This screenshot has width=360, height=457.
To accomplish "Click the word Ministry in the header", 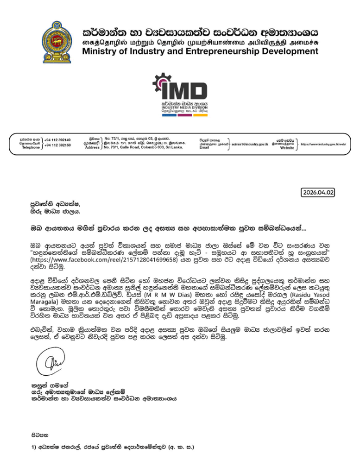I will point(100,51).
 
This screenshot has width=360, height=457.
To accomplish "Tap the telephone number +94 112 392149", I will point(57,140).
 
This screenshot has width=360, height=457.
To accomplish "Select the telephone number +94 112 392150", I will point(57,145).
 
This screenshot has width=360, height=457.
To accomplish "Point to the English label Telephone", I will point(31,148).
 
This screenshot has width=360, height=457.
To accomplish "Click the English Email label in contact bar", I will point(204,147).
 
